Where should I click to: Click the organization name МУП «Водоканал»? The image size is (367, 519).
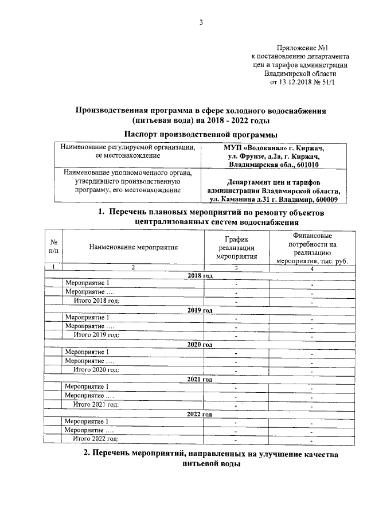click(253, 147)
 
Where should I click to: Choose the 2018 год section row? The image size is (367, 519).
click(200, 276)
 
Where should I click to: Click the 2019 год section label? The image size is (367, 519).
click(200, 310)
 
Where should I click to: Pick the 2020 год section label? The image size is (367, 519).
click(200, 345)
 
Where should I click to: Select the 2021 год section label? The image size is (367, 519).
click(200, 379)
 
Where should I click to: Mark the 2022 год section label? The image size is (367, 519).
click(200, 413)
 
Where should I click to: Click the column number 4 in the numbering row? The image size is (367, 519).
click(312, 268)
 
